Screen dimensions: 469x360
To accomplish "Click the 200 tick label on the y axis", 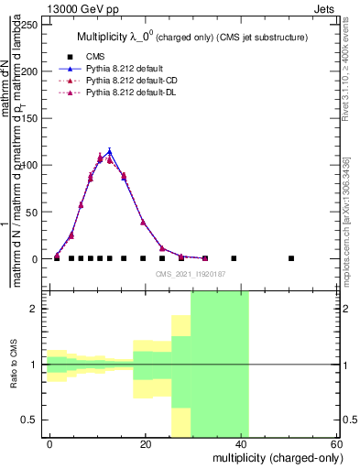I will pos(30,71).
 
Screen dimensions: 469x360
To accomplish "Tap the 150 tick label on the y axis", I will pos(30,118).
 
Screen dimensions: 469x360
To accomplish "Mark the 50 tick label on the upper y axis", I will pos(33,212).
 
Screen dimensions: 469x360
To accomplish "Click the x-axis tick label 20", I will pos(146,443).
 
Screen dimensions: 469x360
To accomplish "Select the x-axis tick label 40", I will pos(242,443).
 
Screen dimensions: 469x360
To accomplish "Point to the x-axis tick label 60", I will pos(337,443).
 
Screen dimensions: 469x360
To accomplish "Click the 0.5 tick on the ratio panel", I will pos(31,420).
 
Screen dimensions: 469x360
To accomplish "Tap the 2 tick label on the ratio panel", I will pos(35,309).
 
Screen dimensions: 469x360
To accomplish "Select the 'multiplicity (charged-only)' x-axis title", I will pos(275,457).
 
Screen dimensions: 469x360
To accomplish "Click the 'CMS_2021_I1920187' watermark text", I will pos(194,274).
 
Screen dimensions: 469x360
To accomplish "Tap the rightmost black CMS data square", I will pos(291,258).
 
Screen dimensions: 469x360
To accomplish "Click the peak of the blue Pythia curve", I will pos(109,152).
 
